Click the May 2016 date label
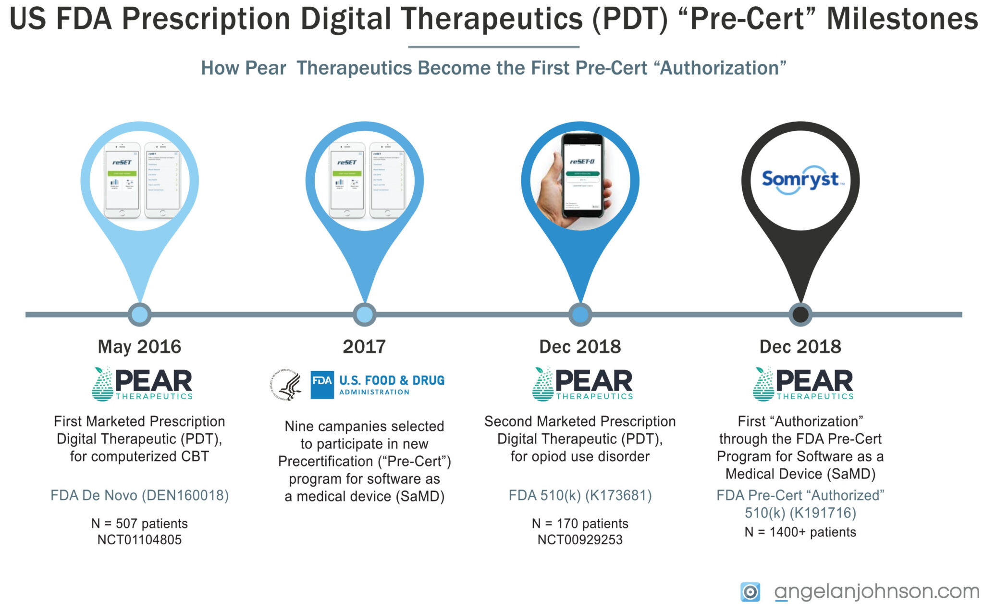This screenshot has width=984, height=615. click(139, 347)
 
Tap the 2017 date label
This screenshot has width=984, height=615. click(364, 347)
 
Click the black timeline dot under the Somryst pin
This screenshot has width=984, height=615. click(800, 314)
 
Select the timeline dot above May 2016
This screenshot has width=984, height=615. click(139, 314)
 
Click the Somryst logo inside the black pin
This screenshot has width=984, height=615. click(800, 180)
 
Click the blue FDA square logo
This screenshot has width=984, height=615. click(322, 384)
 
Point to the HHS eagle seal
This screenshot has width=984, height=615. click(286, 385)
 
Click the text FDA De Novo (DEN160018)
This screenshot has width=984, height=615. click(139, 495)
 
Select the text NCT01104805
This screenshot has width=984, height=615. click(139, 540)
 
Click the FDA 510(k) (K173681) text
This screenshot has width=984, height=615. click(580, 495)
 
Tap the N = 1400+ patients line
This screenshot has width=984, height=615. click(800, 532)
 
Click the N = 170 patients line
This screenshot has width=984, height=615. click(580, 524)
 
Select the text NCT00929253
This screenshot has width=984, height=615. click(580, 540)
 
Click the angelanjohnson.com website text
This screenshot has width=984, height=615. click(876, 591)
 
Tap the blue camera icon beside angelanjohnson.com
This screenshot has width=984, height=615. click(750, 592)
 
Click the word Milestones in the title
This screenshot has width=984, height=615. click(902, 19)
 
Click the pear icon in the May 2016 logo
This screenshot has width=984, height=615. click(102, 384)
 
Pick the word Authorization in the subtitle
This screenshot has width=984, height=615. click(723, 68)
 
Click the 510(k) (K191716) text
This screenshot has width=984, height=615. click(800, 513)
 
